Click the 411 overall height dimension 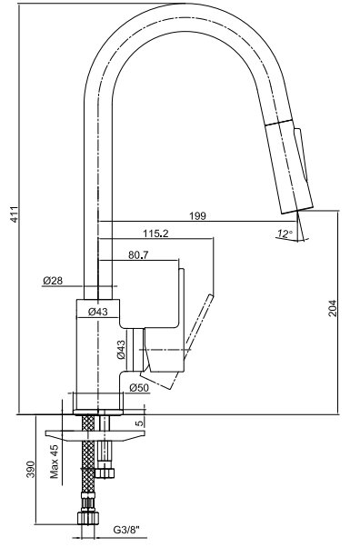15,214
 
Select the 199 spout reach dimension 197,215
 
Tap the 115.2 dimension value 155,234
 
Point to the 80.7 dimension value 138,254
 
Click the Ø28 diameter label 53,281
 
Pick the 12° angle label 285,234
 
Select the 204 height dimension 332,309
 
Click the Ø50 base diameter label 139,388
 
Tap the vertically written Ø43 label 121,350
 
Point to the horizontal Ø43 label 98,312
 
